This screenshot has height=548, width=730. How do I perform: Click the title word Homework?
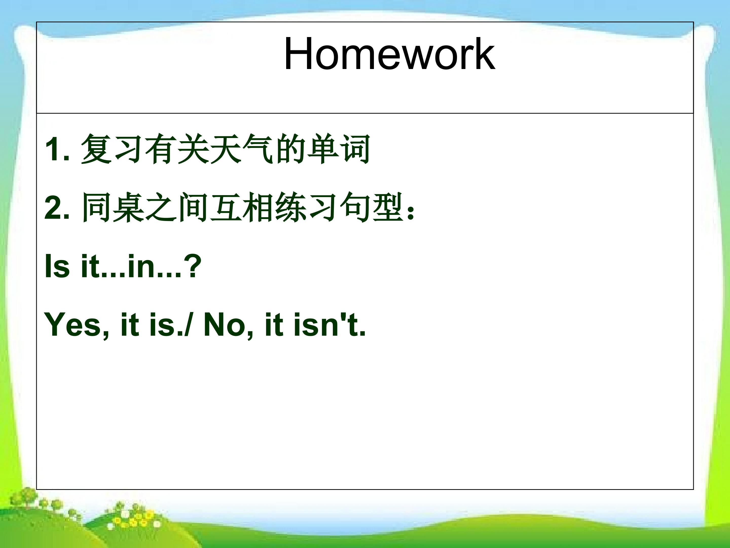389,54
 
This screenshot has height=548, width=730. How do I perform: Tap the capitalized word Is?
57,266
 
